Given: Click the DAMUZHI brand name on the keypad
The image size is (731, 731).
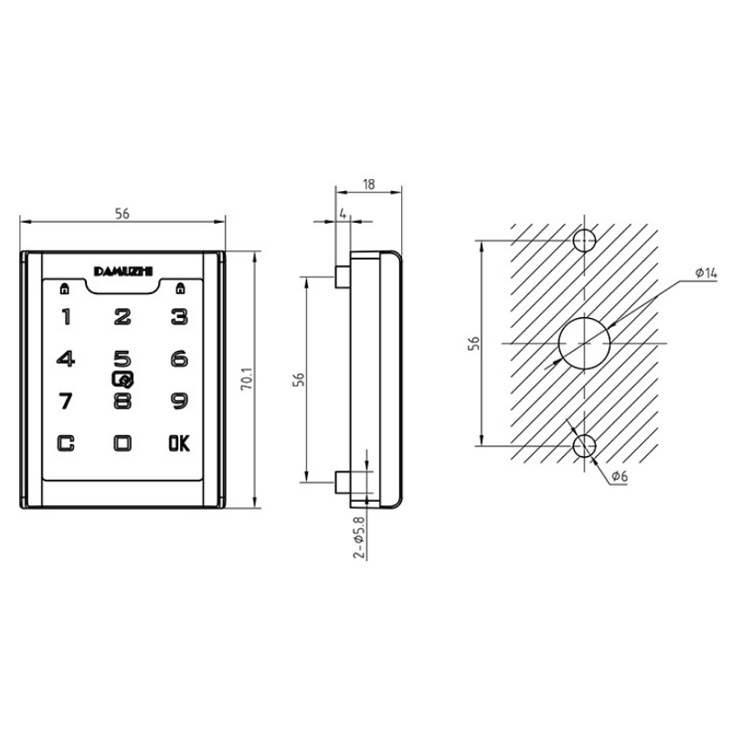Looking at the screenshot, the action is coord(123,271).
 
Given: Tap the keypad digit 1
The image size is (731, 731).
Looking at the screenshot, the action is coord(66,317).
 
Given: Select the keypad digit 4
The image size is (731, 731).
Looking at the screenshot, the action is coord(66,359).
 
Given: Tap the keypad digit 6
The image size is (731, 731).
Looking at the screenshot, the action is coord(179,359).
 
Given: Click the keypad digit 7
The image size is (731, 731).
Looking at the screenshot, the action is coord(66,401).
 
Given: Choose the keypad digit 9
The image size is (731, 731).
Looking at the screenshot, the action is coord(179,401).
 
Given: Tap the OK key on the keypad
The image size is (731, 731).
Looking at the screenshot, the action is coord(179,443).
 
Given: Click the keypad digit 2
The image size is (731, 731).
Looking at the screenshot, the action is coord(122,317).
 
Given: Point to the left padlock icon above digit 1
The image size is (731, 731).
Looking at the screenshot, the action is coord(65,289).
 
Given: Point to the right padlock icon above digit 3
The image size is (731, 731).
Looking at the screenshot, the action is coord(180,289).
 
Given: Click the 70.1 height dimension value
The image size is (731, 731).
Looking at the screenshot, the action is coord(247,378).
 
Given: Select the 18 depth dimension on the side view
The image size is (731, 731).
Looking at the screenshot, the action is coord(369,185).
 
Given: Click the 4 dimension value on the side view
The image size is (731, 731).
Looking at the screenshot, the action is coord(344,214).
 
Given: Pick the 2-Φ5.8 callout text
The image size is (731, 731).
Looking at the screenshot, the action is coord(359,536).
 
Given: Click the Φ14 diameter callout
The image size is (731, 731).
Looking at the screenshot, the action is coord(705,272).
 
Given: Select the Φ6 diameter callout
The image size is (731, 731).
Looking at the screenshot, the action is coord(620,476).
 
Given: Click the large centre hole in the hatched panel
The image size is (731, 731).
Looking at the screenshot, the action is coord(585,344).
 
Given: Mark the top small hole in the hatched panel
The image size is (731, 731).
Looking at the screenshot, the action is coord(585,240).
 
